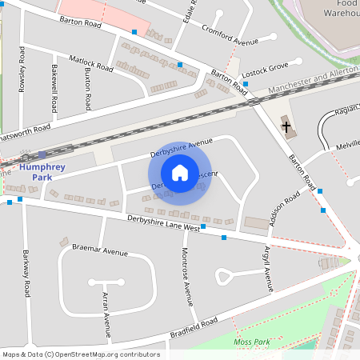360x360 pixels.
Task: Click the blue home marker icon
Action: point(180,172)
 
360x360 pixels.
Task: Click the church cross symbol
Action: point(286,126)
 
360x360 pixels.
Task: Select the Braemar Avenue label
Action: point(100,251)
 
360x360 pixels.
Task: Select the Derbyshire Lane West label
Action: point(162,222)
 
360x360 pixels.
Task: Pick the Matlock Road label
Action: point(91,62)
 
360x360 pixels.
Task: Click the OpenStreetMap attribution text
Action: point(80,354)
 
